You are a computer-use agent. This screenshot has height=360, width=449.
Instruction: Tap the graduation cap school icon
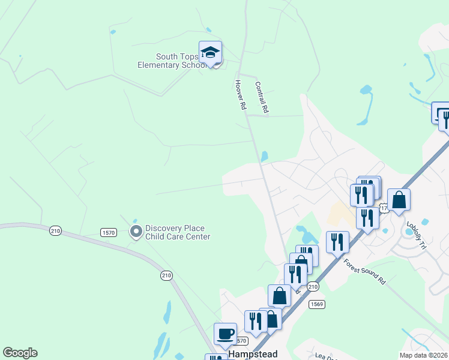(x=210, y=52)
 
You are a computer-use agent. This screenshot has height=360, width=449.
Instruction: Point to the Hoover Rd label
(x=241, y=95)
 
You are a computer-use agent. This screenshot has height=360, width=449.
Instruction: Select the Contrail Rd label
(x=261, y=98)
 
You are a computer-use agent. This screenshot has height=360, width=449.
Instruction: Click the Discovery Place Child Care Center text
(x=178, y=232)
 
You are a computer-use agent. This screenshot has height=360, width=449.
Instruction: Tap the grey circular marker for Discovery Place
(x=136, y=231)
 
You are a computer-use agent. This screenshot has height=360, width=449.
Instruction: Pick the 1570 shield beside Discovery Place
(x=109, y=232)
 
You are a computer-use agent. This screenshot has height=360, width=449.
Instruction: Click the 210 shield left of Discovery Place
(x=56, y=230)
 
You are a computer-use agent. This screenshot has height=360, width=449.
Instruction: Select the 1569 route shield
(x=317, y=304)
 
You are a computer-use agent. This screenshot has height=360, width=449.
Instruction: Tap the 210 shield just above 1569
(x=312, y=287)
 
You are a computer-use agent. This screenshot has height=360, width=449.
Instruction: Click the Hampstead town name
(x=253, y=355)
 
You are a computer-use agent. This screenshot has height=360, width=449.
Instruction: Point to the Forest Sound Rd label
(x=364, y=271)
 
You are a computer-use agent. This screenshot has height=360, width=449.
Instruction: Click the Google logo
(x=20, y=353)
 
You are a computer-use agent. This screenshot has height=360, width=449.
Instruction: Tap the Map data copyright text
(x=423, y=355)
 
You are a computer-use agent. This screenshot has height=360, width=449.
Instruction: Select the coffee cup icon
(x=225, y=334)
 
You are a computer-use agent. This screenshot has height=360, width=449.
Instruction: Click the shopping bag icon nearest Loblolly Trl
(x=399, y=200)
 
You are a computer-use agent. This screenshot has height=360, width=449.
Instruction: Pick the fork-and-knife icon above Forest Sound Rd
(x=337, y=242)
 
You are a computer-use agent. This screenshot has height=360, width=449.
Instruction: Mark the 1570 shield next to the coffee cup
(x=241, y=341)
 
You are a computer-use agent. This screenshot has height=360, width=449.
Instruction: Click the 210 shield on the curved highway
(x=166, y=275)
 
